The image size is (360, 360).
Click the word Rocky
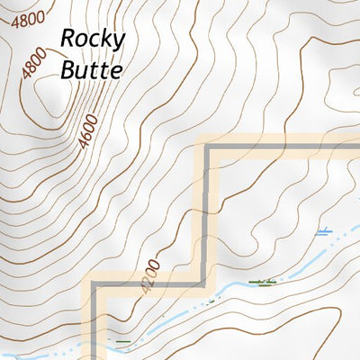tap(94, 40)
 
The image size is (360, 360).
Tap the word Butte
tap(90, 69)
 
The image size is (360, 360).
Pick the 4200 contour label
tap(149, 276)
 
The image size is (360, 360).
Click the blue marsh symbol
tap(323, 232)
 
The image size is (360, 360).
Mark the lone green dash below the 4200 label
tap(123, 342)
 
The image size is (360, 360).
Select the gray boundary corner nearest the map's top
tap(210, 148)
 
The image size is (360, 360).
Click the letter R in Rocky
tap(68, 40)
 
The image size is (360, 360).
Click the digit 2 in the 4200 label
tap(148, 280)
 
